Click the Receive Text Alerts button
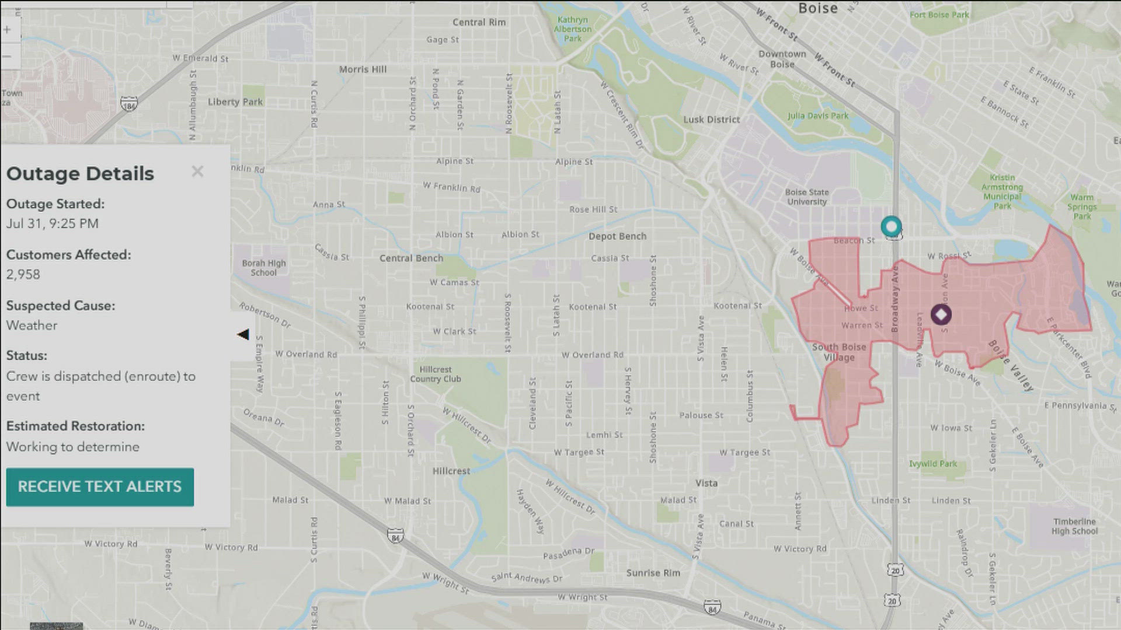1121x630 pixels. pyautogui.click(x=100, y=487)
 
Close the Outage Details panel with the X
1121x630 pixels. pyautogui.click(x=197, y=171)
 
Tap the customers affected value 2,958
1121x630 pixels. pyautogui.click(x=23, y=275)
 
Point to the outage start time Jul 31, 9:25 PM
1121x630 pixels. pyautogui.click(x=53, y=224)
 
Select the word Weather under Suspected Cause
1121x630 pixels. pyautogui.click(x=32, y=325)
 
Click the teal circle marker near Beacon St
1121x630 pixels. pyautogui.click(x=891, y=226)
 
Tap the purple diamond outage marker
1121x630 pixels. pyautogui.click(x=941, y=315)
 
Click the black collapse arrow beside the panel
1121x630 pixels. pyautogui.click(x=243, y=334)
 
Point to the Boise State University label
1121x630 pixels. pyautogui.click(x=807, y=197)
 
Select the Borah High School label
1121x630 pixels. pyautogui.click(x=264, y=268)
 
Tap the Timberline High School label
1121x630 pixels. pyautogui.click(x=1074, y=526)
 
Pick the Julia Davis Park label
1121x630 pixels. pyautogui.click(x=817, y=116)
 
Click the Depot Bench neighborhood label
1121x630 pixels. pyautogui.click(x=617, y=236)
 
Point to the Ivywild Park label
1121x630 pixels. pyautogui.click(x=933, y=464)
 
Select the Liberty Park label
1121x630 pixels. pyautogui.click(x=235, y=101)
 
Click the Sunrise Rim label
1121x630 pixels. pyautogui.click(x=653, y=573)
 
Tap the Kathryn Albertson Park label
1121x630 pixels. pyautogui.click(x=573, y=29)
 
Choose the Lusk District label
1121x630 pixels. pyautogui.click(x=711, y=120)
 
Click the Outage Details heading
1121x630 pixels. pyautogui.click(x=81, y=174)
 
